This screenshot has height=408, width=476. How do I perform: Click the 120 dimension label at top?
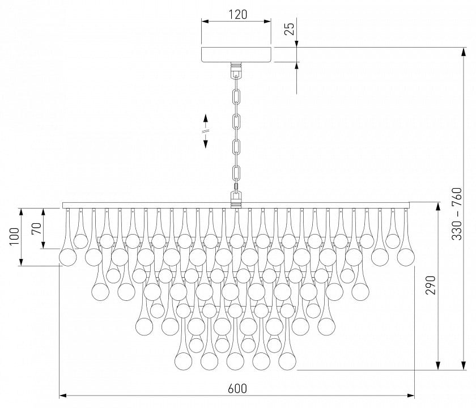point(237,14)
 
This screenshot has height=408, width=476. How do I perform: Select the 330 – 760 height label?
point(456,214)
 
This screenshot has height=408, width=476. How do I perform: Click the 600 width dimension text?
point(237,388)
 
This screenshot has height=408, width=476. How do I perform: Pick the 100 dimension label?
point(14,236)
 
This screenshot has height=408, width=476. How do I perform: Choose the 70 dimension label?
point(36,228)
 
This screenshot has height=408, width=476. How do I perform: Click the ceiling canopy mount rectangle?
point(236,54)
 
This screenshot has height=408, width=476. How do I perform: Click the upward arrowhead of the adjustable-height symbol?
point(206,118)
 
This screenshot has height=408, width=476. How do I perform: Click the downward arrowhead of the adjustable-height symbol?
point(206,144)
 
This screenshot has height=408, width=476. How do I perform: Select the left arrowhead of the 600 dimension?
point(63,396)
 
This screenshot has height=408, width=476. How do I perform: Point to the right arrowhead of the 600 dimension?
point(411,396)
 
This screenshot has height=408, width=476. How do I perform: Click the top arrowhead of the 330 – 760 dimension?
point(464,52)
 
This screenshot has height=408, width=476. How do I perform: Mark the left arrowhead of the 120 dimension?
point(206,22)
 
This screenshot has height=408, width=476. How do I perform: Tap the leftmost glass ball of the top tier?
point(67,257)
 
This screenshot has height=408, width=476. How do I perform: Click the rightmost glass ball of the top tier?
point(406,257)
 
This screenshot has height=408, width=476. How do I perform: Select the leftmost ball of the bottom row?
point(184,362)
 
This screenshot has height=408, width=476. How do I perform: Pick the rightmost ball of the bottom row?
point(287,362)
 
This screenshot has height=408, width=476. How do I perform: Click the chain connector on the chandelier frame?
point(236,199)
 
